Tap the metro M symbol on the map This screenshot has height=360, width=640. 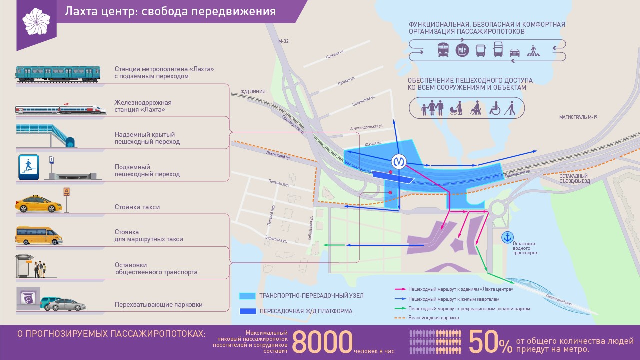398,161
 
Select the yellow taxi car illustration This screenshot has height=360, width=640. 39,204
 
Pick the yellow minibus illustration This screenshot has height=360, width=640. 39,235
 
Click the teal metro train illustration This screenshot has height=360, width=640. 57,73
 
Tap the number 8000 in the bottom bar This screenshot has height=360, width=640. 322,342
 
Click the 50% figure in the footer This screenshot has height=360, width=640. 490,342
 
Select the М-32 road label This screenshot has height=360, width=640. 283,41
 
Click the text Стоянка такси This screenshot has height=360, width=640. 140,207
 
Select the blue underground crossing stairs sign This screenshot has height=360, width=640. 29,167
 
